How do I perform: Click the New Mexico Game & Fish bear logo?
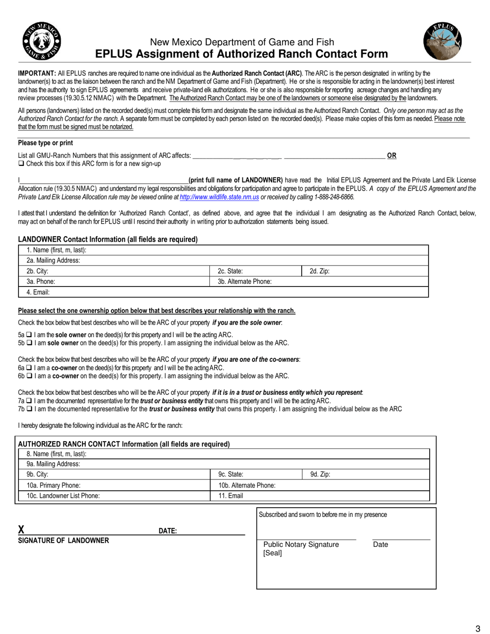42,42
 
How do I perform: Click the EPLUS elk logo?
443,42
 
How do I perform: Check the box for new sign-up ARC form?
21,164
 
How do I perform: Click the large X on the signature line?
21,530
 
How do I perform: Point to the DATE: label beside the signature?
168,531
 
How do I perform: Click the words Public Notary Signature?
301,545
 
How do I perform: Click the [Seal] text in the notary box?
272,553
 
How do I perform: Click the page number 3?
478,628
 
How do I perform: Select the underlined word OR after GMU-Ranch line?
392,155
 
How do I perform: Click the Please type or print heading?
45,143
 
